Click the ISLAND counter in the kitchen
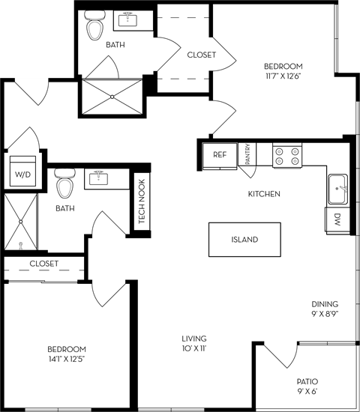pyautogui.click(x=244, y=240)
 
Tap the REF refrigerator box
pyautogui.click(x=219, y=155)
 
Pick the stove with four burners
pyautogui.click(x=286, y=155)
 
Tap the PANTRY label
pyautogui.click(x=248, y=155)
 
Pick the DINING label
pyautogui.click(x=325, y=304)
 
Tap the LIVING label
pyautogui.click(x=193, y=338)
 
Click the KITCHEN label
pyautogui.click(x=264, y=194)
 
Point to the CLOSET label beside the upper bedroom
pyautogui.click(x=201, y=55)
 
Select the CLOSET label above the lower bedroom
pyautogui.click(x=43, y=264)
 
